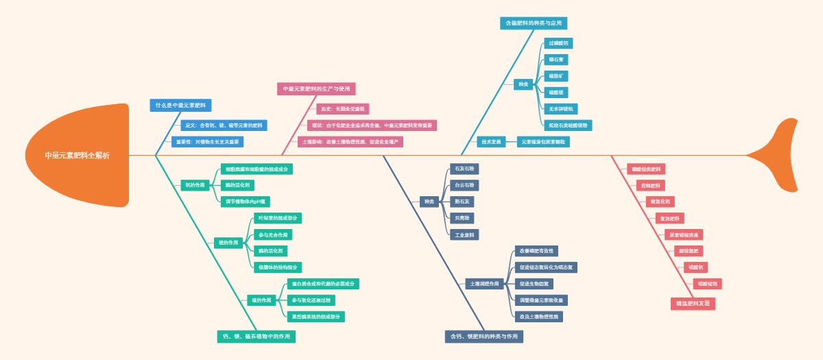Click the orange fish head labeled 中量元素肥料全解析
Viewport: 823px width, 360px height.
pyautogui.click(x=77, y=155)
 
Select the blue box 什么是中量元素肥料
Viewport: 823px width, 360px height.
pyautogui.click(x=180, y=106)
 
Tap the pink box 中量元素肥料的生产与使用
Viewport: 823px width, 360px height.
pyautogui.click(x=316, y=88)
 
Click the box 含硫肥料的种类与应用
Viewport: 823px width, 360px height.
pyautogui.click(x=533, y=23)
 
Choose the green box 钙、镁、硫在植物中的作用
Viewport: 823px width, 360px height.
pyautogui.click(x=256, y=337)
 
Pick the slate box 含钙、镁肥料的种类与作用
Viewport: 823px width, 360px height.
pyautogui.click(x=484, y=337)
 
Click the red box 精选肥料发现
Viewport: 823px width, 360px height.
pyautogui.click(x=693, y=303)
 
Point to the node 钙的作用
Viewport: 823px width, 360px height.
pyautogui.click(x=195, y=185)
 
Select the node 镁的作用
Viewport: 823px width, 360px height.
pyautogui.click(x=228, y=243)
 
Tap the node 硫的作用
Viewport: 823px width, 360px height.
pyautogui.click(x=261, y=300)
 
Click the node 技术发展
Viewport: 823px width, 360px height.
pyautogui.click(x=491, y=142)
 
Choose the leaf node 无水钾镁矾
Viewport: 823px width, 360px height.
pyautogui.click(x=562, y=109)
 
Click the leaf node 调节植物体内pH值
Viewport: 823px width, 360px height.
pyautogui.click(x=246, y=202)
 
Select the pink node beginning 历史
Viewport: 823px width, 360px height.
pyautogui.click(x=342, y=109)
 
